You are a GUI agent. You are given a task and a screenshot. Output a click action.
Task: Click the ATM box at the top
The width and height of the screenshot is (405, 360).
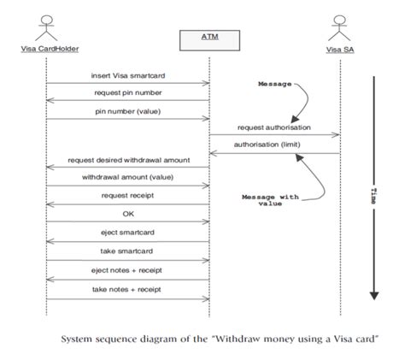(208, 38)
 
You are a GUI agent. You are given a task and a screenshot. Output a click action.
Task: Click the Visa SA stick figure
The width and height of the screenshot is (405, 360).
(340, 25)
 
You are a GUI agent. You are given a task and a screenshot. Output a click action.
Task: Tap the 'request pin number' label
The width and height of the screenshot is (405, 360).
(127, 92)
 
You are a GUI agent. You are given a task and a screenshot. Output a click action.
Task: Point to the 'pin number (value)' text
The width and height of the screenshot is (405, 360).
(127, 109)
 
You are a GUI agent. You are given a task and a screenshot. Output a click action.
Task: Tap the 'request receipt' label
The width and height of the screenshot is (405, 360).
(127, 195)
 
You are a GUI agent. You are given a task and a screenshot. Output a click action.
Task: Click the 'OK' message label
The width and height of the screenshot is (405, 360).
(127, 214)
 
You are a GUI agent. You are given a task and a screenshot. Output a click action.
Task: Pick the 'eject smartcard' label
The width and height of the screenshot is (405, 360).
(127, 231)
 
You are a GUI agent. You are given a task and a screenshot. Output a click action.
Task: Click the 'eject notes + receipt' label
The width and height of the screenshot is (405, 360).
(127, 270)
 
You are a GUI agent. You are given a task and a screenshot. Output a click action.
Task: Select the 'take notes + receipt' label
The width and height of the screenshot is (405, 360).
(127, 290)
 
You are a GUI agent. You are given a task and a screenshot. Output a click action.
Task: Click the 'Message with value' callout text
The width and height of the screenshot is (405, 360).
(271, 200)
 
